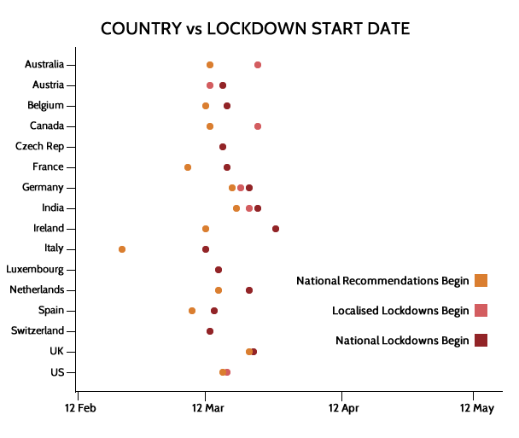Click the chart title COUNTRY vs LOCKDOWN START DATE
click(x=255, y=28)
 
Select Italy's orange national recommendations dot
click(x=122, y=249)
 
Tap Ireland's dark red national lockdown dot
click(x=276, y=229)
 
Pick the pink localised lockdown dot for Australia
click(x=258, y=65)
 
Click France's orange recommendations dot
click(x=188, y=167)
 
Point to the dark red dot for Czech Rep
click(x=223, y=147)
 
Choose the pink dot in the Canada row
click(x=258, y=126)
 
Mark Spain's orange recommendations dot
click(x=192, y=311)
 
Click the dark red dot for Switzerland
click(x=210, y=331)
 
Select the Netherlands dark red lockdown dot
click(x=249, y=290)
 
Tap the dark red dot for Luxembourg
click(x=219, y=270)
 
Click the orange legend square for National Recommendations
click(x=481, y=281)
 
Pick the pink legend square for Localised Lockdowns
click(x=481, y=311)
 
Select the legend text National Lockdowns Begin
click(x=402, y=341)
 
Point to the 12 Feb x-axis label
click(x=80, y=409)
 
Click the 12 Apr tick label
click(x=341, y=409)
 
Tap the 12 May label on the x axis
click(x=475, y=409)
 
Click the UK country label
click(x=55, y=352)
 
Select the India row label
click(x=52, y=208)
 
